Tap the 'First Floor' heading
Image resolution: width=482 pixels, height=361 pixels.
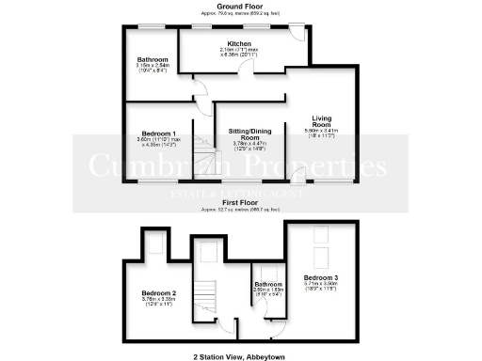tap(241, 200)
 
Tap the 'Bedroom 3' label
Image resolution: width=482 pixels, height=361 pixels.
tap(321, 278)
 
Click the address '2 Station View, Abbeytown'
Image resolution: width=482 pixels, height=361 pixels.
tap(241, 356)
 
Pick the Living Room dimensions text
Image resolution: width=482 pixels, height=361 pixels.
tap(322, 133)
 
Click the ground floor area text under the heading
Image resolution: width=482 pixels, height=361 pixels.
tap(241, 14)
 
